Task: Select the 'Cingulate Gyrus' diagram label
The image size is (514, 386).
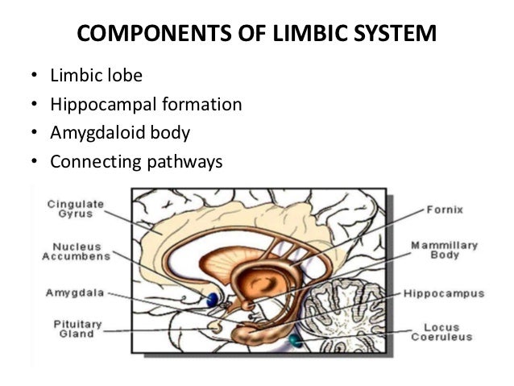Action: click(70, 209)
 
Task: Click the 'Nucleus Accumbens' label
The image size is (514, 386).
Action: click(70, 251)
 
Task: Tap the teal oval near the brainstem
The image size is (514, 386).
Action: click(296, 341)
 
